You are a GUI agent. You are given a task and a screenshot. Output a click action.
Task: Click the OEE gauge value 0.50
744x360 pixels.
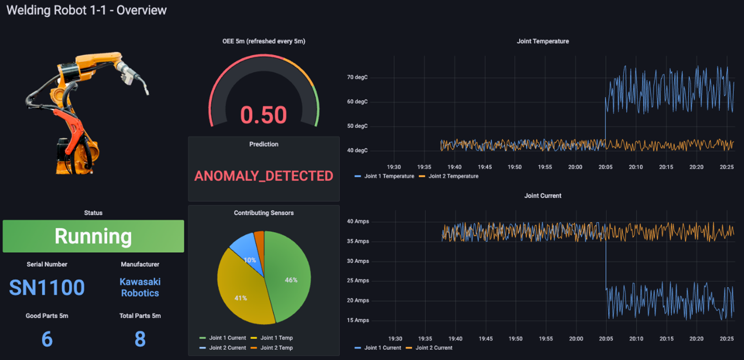pyautogui.click(x=264, y=115)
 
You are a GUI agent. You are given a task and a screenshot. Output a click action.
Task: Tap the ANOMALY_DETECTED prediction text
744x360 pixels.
pyautogui.click(x=264, y=176)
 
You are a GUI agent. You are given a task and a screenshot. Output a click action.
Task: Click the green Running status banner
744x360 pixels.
pyautogui.click(x=93, y=236)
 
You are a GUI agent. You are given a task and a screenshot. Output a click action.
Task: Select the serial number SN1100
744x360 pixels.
pyautogui.click(x=47, y=287)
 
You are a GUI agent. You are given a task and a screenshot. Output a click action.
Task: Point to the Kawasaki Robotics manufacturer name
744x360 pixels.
pyautogui.click(x=140, y=287)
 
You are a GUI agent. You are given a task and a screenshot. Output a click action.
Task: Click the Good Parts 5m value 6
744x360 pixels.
pyautogui.click(x=47, y=339)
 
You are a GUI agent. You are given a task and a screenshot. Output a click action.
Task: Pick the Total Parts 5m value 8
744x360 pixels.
pyautogui.click(x=140, y=339)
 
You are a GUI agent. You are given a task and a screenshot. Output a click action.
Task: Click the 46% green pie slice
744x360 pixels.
pyautogui.click(x=289, y=278)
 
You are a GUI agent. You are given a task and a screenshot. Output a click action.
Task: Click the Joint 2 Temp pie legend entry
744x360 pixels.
pyautogui.click(x=276, y=348)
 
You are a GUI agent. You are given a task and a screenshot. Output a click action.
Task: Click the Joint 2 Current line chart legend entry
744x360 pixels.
pyautogui.click(x=433, y=348)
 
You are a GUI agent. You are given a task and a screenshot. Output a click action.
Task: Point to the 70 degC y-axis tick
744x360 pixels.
pyautogui.click(x=357, y=78)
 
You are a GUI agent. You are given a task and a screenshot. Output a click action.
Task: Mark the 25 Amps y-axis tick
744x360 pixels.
pyautogui.click(x=358, y=281)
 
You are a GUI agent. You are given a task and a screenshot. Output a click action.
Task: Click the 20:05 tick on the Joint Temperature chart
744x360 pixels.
pyautogui.click(x=605, y=167)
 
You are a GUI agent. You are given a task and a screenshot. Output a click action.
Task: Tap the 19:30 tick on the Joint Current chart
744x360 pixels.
pyautogui.click(x=395, y=339)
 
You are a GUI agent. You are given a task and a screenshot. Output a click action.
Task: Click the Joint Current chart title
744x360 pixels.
pyautogui.click(x=543, y=196)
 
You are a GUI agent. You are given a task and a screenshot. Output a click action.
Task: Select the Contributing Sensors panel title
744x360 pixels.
pyautogui.click(x=264, y=213)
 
